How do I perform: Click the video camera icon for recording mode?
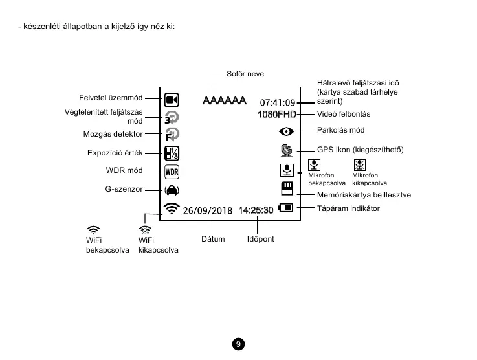coord(171,100)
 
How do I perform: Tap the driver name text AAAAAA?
coord(225,101)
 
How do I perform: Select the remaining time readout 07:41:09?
coord(278,102)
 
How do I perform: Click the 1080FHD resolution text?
coord(276,115)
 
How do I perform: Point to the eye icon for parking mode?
coord(285,131)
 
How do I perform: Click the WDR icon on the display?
coord(172,172)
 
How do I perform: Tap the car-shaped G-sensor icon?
coord(172,190)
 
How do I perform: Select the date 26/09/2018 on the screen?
coord(207,210)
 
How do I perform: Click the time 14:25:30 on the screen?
coord(256,210)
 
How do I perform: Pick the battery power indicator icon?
coord(285,208)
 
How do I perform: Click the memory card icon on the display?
coord(286,188)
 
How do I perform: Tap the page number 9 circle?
coord(238,343)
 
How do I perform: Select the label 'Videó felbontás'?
coord(344,114)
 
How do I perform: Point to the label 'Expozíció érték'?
coord(115,153)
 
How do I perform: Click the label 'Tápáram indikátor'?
coord(348,208)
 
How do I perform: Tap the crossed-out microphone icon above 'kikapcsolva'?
coord(361,166)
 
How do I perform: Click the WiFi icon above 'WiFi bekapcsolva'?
coord(93,229)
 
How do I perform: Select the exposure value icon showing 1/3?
coord(172,153)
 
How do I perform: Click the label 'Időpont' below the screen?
coord(261,239)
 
